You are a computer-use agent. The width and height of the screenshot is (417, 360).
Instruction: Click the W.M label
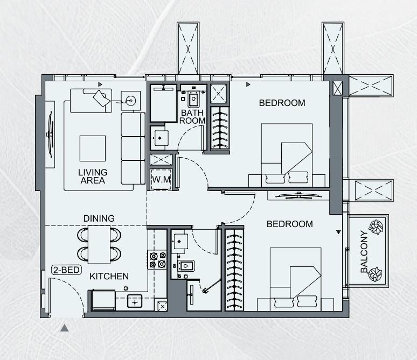162,179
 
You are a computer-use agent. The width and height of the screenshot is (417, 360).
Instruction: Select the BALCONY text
364,253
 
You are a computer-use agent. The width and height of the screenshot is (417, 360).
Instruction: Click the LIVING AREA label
93,176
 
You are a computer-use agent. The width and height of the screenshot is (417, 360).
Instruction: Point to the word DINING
99,218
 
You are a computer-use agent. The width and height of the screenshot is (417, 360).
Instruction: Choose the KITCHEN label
109,277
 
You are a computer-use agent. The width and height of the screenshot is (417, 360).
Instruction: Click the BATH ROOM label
193,117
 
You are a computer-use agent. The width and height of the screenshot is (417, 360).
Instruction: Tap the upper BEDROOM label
282,103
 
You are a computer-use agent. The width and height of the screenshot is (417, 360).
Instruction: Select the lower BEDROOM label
290,224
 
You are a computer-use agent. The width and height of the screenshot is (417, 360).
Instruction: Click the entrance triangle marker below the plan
65,327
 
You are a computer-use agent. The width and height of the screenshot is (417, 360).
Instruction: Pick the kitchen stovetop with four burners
157,260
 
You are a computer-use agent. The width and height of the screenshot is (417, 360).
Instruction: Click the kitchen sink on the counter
135,301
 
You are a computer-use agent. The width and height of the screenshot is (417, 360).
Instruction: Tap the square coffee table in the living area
93,148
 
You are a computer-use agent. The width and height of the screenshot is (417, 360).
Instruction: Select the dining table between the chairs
99,244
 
